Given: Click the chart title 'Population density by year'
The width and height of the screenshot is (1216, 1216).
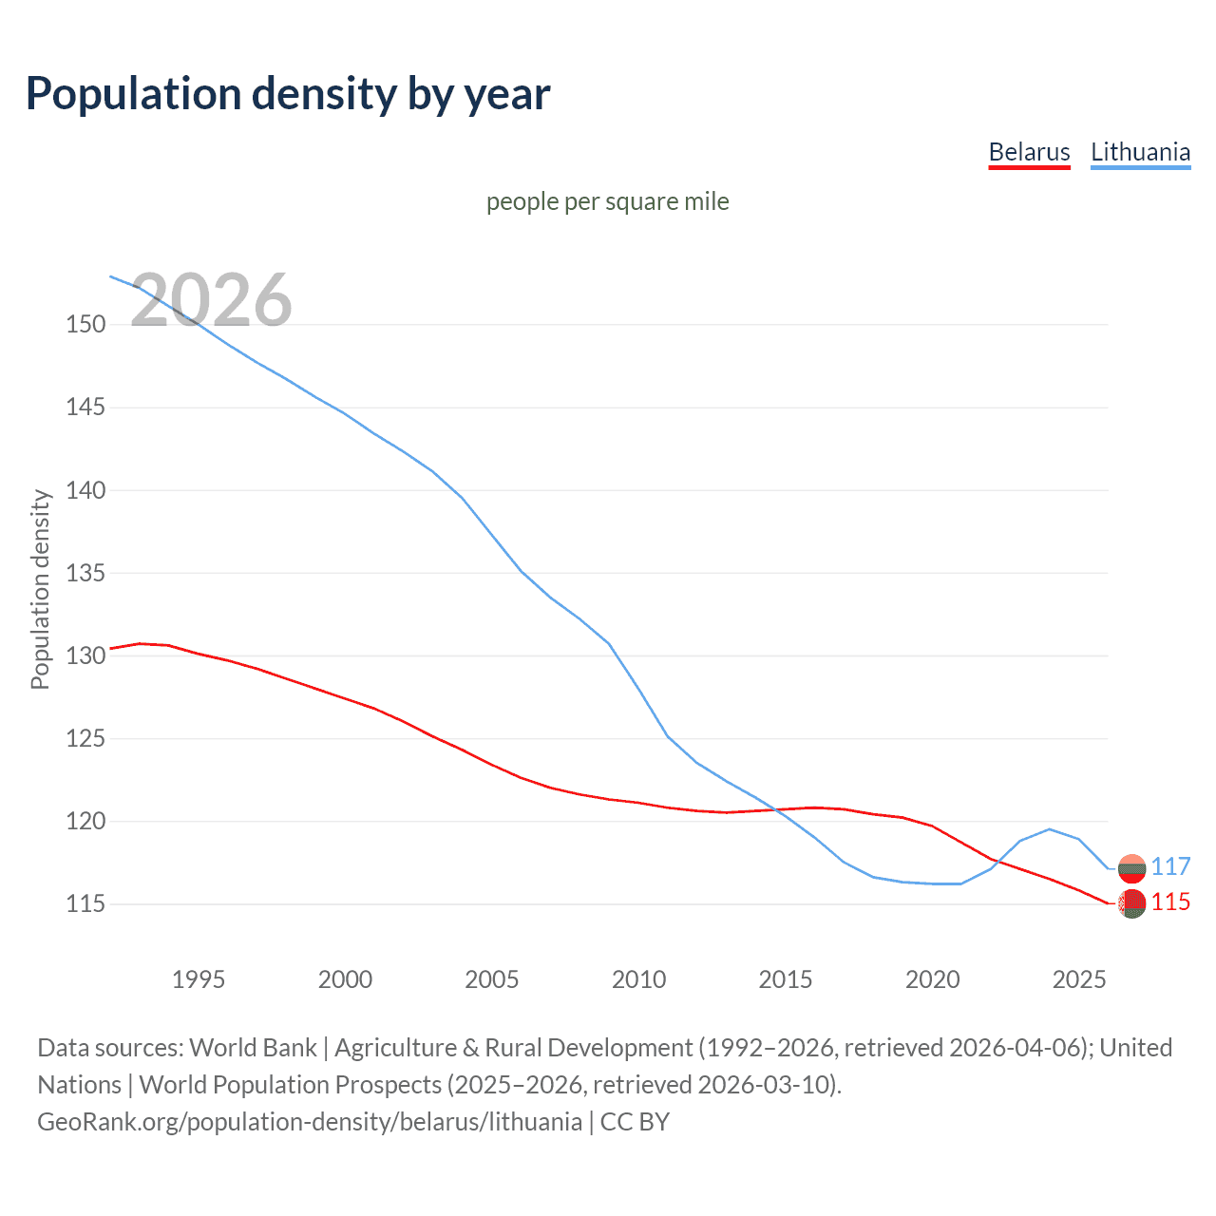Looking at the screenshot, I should click(x=288, y=94).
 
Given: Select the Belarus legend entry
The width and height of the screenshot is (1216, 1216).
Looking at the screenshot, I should click(x=1029, y=152).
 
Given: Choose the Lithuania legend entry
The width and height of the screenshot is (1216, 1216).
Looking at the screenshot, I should click(x=1140, y=152).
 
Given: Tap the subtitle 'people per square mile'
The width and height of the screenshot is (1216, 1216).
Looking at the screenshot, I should click(x=608, y=201).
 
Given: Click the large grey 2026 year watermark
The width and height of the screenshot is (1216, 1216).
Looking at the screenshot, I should click(x=211, y=300).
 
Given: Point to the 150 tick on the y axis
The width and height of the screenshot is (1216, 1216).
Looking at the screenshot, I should click(x=85, y=325).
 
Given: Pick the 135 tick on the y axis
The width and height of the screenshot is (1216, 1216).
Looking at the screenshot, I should click(x=85, y=574).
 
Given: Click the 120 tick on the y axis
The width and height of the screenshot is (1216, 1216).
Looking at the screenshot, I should click(x=85, y=822).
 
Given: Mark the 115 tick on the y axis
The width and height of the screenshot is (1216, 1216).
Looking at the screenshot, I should click(x=85, y=904).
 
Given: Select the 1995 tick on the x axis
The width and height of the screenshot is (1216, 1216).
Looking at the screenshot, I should click(x=199, y=979).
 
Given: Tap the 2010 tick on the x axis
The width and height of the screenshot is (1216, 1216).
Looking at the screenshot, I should click(x=638, y=979).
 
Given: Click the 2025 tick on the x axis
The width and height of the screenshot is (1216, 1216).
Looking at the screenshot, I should click(x=1079, y=979).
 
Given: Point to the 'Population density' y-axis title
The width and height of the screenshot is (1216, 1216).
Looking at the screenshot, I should click(x=40, y=589).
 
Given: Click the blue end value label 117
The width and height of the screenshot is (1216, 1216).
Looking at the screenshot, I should click(x=1170, y=866).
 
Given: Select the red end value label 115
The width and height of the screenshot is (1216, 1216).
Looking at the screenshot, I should click(x=1170, y=902).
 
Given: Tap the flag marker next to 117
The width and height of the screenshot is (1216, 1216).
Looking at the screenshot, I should click(x=1131, y=868).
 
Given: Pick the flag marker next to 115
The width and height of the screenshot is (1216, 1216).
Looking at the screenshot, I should click(x=1131, y=903).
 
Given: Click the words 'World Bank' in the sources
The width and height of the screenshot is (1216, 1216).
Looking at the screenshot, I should click(x=253, y=1048).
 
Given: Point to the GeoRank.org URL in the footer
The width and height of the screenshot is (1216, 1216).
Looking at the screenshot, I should click(x=310, y=1122).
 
